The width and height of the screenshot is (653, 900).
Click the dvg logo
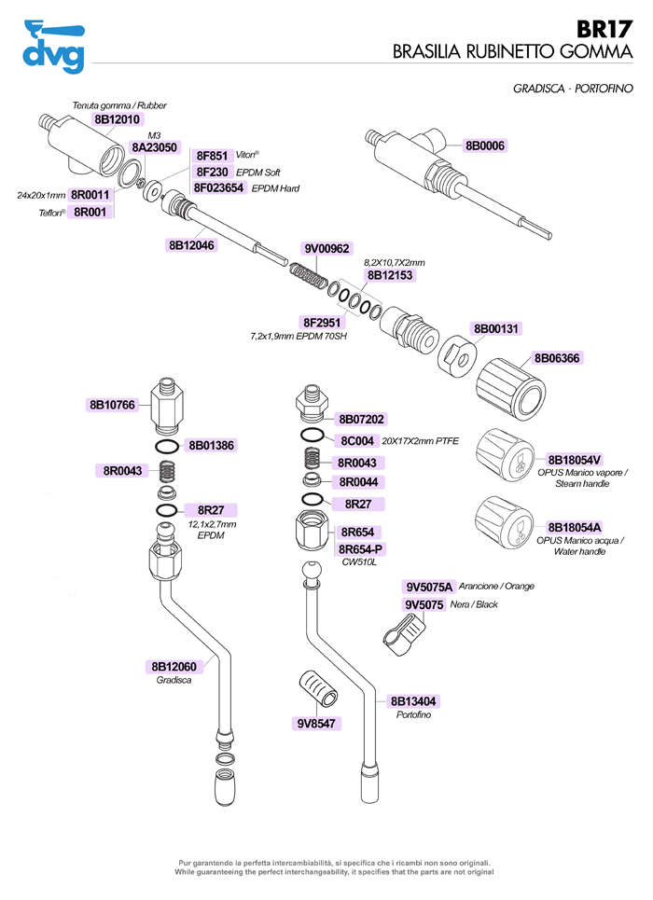click(x=53, y=47)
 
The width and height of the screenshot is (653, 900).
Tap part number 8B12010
click(x=118, y=119)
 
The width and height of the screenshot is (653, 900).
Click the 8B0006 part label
click(x=485, y=145)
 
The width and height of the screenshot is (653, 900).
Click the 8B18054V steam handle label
click(x=575, y=460)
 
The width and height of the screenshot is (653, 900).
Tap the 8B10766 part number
click(x=112, y=405)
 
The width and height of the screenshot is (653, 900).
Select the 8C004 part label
click(x=357, y=440)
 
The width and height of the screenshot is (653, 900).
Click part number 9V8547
click(x=317, y=722)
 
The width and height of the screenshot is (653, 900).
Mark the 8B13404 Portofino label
click(x=415, y=701)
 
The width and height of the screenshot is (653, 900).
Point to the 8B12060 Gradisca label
click(x=174, y=667)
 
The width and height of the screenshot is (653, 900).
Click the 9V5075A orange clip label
click(x=429, y=587)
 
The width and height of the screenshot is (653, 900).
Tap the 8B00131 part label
click(x=496, y=329)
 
